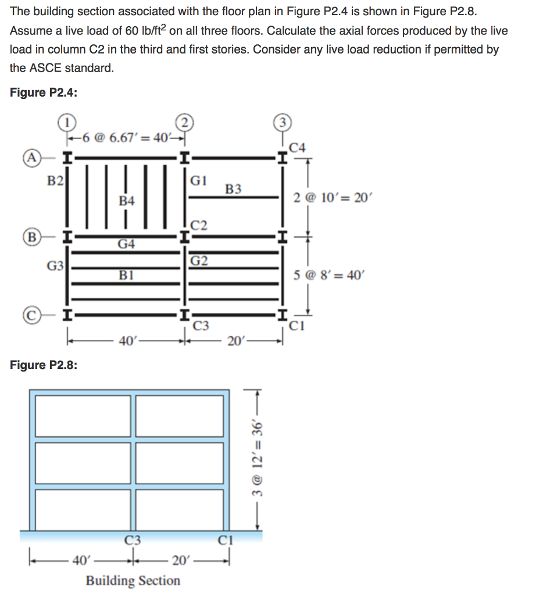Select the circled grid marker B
tap(30, 237)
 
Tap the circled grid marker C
tap(30, 316)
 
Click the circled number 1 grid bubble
tap(67, 123)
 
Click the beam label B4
tap(126, 201)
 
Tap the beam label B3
tap(233, 189)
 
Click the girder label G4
tap(126, 244)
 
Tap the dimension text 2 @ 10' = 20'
tap(331, 198)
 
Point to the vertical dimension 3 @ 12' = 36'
tap(256, 451)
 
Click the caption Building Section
tap(133, 580)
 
